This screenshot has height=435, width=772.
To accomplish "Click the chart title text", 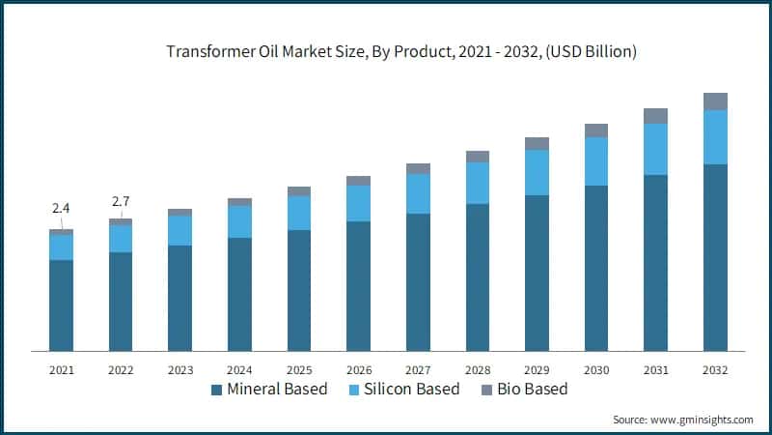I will click(386, 52).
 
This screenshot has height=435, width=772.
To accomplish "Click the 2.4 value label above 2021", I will click(61, 208).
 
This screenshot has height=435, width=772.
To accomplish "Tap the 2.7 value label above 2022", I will click(121, 201).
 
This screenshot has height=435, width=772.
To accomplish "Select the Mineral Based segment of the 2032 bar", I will click(715, 257).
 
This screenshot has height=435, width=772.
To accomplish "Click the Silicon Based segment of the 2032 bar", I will click(715, 136).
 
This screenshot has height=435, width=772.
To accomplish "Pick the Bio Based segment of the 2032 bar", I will click(715, 101).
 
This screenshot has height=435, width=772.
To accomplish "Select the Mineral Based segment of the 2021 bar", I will click(61, 304).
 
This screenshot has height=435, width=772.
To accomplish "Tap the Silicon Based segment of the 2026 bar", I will click(358, 203).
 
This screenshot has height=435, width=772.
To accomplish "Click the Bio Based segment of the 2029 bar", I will click(537, 143).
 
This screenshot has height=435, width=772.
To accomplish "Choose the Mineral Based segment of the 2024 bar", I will click(239, 294).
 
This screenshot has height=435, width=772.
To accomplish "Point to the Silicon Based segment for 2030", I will click(596, 161).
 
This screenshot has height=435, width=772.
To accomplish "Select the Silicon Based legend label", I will click(396, 390).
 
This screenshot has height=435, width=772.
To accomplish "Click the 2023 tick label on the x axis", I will click(179, 369).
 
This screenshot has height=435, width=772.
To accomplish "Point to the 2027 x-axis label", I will click(418, 369).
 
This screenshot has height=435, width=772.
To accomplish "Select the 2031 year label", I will click(655, 369).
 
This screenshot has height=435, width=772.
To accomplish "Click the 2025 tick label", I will click(299, 369).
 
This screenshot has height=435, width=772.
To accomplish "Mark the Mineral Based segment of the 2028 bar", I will click(478, 276).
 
